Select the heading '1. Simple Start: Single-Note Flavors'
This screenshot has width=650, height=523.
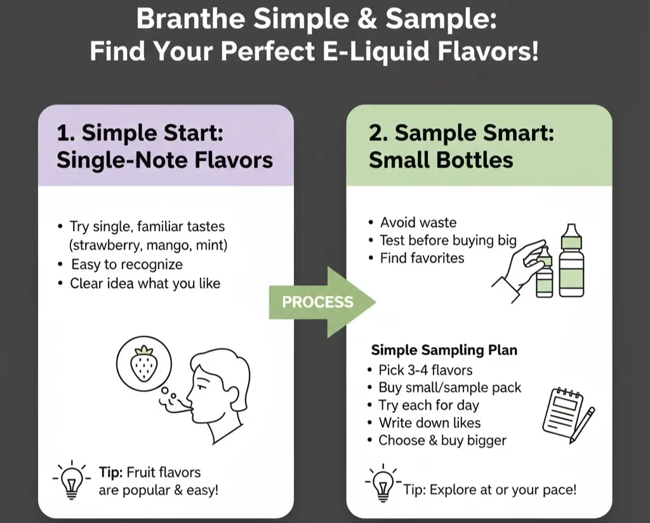[164, 146]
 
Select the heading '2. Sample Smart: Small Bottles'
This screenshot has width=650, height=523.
[461, 146]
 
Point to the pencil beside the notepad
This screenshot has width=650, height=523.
[582, 424]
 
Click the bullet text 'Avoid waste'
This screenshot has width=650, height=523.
[418, 223]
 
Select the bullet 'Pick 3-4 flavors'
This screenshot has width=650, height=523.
[425, 370]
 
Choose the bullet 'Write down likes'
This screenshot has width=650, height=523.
[429, 423]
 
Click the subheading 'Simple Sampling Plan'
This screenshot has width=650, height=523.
[444, 350]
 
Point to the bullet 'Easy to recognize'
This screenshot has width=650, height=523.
[126, 265]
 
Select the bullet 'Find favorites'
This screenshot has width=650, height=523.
[421, 258]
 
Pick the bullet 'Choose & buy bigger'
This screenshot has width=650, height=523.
[442, 440]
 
